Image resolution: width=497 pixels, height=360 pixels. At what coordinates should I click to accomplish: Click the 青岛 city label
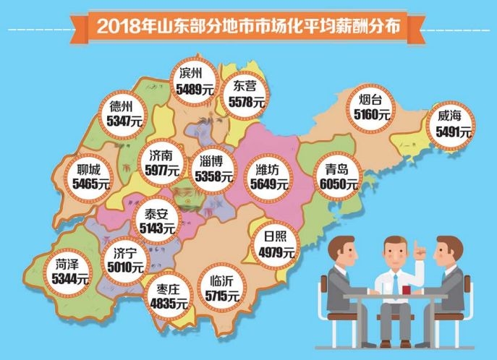[x=336, y=171]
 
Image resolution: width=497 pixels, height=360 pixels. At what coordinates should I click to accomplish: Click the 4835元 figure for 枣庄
[x=168, y=307]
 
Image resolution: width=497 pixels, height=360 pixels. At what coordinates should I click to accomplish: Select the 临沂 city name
[x=218, y=283]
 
